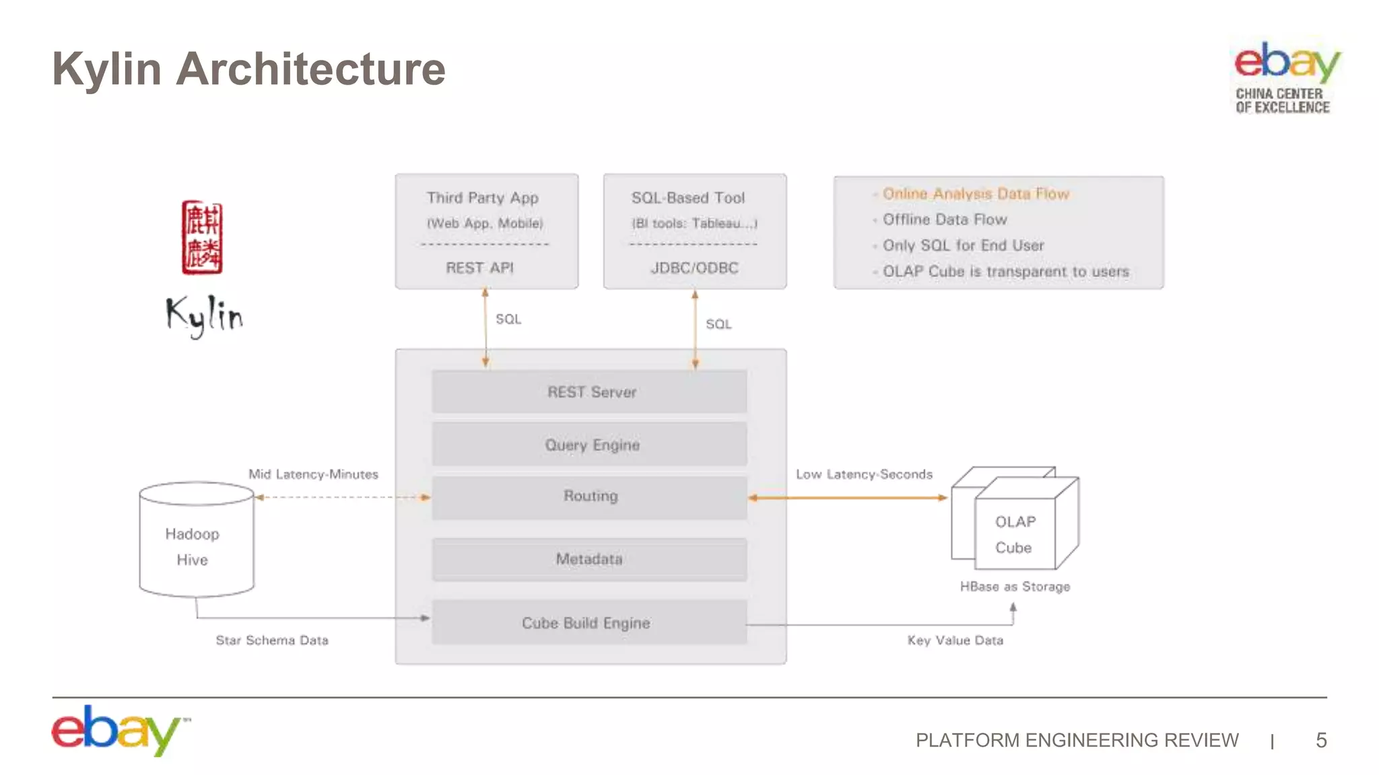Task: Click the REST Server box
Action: click(x=590, y=392)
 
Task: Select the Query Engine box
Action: click(x=590, y=445)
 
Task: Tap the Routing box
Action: click(x=590, y=496)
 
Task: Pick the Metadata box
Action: click(x=590, y=559)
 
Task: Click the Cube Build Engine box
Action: click(x=590, y=623)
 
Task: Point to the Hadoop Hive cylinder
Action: click(x=196, y=545)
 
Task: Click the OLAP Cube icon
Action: click(x=1015, y=525)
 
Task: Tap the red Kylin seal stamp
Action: click(x=202, y=237)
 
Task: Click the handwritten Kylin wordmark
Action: click(x=205, y=316)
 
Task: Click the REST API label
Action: click(x=480, y=268)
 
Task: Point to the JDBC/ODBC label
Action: click(x=694, y=268)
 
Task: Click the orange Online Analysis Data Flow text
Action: click(x=976, y=194)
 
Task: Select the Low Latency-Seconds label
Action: click(x=864, y=474)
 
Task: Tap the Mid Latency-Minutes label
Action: click(x=313, y=474)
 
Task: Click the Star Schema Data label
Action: click(x=272, y=640)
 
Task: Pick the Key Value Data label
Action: click(x=955, y=640)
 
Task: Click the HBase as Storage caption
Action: click(x=1015, y=587)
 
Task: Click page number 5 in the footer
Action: click(x=1321, y=740)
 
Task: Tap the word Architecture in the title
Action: click(x=310, y=69)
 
